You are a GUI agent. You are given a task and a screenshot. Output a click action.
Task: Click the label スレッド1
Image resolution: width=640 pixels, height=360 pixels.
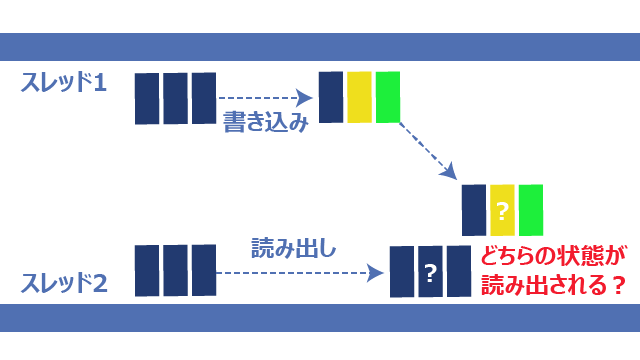point(64,82)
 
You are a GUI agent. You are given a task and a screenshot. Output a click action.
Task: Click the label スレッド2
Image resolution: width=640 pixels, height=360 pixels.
point(64,283)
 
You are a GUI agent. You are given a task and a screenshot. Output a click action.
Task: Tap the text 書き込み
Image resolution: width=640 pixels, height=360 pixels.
point(265,121)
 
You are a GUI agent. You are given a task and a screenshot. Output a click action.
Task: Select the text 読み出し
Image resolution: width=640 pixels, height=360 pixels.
point(293,248)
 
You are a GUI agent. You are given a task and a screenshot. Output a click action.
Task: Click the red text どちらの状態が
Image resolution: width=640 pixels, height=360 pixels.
point(553,256)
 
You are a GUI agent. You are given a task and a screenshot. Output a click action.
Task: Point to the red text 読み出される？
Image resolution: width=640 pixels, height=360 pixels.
point(553,284)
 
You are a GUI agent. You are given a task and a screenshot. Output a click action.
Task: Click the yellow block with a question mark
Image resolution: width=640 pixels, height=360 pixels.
point(502,210)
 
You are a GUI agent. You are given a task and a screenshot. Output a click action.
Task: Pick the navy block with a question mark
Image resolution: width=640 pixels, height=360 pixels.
point(431,271)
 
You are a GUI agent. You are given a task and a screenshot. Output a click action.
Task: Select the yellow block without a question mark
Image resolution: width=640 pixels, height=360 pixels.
point(359,97)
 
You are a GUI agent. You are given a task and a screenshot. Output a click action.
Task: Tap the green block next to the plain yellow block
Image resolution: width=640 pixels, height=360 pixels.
point(388,97)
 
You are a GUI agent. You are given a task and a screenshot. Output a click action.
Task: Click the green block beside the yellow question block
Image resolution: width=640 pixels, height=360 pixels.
point(531,210)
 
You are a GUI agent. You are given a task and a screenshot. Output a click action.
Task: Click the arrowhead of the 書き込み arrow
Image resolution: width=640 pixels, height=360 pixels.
point(304,98)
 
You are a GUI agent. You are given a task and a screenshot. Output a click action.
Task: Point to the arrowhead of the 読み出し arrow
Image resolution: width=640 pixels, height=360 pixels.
point(375,273)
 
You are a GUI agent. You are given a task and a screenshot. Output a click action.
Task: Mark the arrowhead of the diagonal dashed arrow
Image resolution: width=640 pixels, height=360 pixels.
point(449,171)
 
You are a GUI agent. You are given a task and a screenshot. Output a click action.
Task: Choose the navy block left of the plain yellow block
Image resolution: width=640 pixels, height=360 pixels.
point(331,97)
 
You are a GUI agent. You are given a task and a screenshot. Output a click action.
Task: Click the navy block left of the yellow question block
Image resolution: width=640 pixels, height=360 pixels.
point(474,210)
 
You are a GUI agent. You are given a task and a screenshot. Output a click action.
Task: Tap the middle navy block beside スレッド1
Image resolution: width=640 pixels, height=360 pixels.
point(176,98)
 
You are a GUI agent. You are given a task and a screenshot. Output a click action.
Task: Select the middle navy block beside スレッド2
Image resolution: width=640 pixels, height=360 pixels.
point(176,271)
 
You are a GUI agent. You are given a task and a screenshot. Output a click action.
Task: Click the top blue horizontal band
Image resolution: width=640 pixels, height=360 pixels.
point(320,47)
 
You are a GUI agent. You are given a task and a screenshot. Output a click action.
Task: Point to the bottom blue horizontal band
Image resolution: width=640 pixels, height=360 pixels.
point(320,318)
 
